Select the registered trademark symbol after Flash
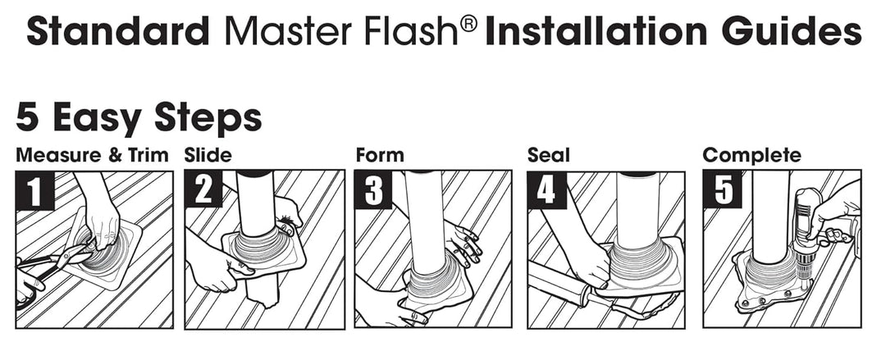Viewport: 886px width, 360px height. click(x=468, y=24)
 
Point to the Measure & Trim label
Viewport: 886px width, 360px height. click(x=92, y=155)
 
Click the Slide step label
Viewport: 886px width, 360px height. click(x=208, y=155)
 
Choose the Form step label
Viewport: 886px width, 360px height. click(x=380, y=155)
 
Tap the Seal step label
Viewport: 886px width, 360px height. click(x=548, y=155)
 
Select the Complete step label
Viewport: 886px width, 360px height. click(x=751, y=155)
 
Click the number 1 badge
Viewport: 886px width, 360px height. click(x=34, y=190)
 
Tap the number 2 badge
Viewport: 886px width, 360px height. click(x=203, y=190)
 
